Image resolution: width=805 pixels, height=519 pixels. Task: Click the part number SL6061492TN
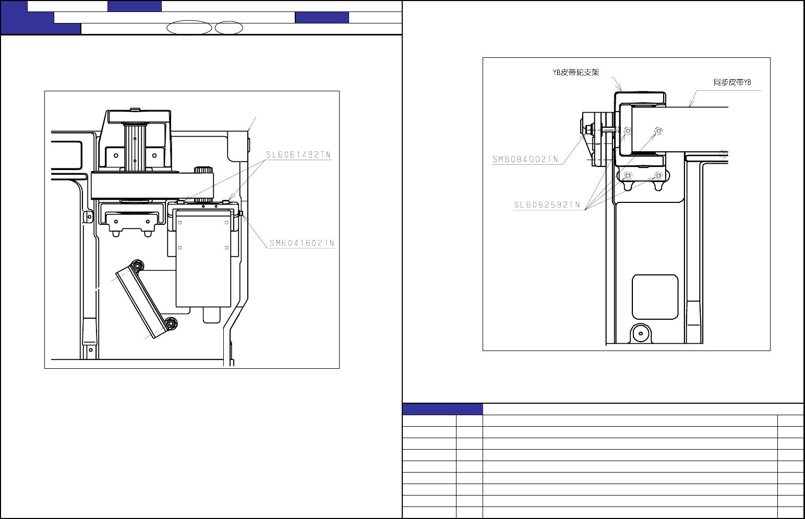click(x=298, y=154)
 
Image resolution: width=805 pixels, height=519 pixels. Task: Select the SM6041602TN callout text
click(x=302, y=243)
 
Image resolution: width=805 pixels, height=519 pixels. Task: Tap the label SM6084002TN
click(x=525, y=159)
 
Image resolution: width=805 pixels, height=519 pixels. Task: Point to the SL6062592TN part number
click(x=547, y=204)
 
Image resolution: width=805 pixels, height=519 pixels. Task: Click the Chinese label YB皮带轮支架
click(x=576, y=73)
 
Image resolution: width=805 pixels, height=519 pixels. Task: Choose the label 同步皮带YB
click(x=732, y=82)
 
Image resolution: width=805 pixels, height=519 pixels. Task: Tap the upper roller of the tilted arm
click(x=137, y=266)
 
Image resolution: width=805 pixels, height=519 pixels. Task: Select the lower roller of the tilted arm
click(x=171, y=323)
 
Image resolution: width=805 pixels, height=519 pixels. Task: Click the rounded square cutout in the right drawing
click(x=655, y=297)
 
